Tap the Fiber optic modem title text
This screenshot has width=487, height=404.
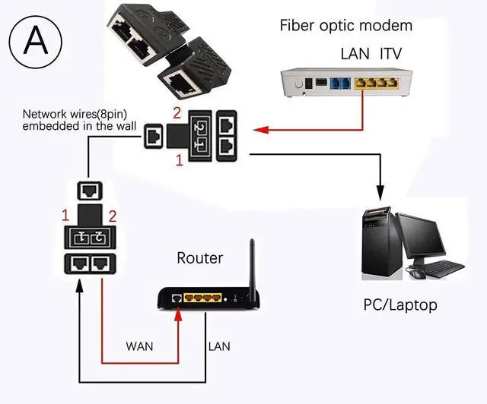[345, 25]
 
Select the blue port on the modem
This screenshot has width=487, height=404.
[339, 81]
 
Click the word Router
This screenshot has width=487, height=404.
[200, 258]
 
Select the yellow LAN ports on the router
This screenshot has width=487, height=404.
[201, 298]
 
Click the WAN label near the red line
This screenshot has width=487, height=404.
[139, 346]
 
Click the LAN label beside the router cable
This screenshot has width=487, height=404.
[219, 346]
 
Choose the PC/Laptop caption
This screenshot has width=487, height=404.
[400, 305]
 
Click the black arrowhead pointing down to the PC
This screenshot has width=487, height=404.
[379, 193]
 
